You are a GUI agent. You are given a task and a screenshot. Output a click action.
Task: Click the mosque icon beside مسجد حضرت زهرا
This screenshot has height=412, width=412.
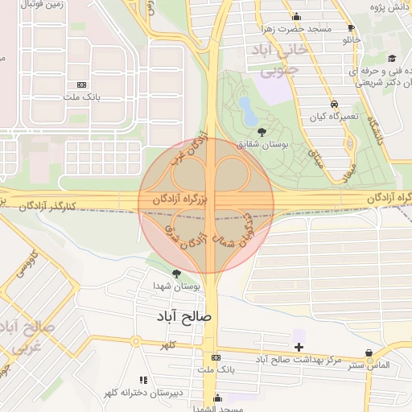click(296, 17)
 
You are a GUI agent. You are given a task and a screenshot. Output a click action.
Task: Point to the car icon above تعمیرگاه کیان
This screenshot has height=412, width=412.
click(333, 104)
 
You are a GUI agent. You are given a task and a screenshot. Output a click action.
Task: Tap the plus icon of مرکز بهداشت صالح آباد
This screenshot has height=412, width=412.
click(299, 347)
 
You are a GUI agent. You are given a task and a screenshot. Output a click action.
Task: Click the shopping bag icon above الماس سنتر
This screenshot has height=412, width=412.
click(369, 352)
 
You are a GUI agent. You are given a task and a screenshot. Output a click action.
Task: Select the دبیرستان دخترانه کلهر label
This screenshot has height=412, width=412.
click(129, 393)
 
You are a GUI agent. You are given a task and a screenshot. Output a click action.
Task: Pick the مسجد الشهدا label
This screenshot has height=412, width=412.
click(212, 409)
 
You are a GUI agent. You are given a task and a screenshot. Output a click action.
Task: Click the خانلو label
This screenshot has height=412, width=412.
click(352, 39)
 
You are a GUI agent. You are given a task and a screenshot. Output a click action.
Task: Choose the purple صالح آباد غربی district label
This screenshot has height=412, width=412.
click(20, 338)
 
